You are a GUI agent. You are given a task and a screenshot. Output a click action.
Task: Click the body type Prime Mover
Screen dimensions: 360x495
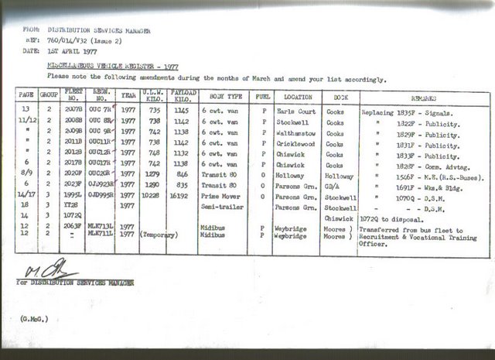[x=220, y=196]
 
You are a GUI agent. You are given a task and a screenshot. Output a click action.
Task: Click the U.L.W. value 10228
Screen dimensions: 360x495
[x=151, y=196]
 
